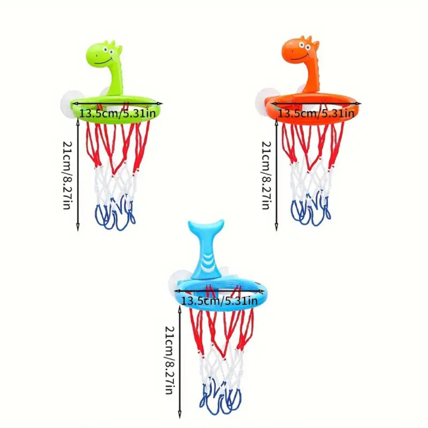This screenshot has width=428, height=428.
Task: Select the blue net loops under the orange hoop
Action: pyautogui.click(x=311, y=212)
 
